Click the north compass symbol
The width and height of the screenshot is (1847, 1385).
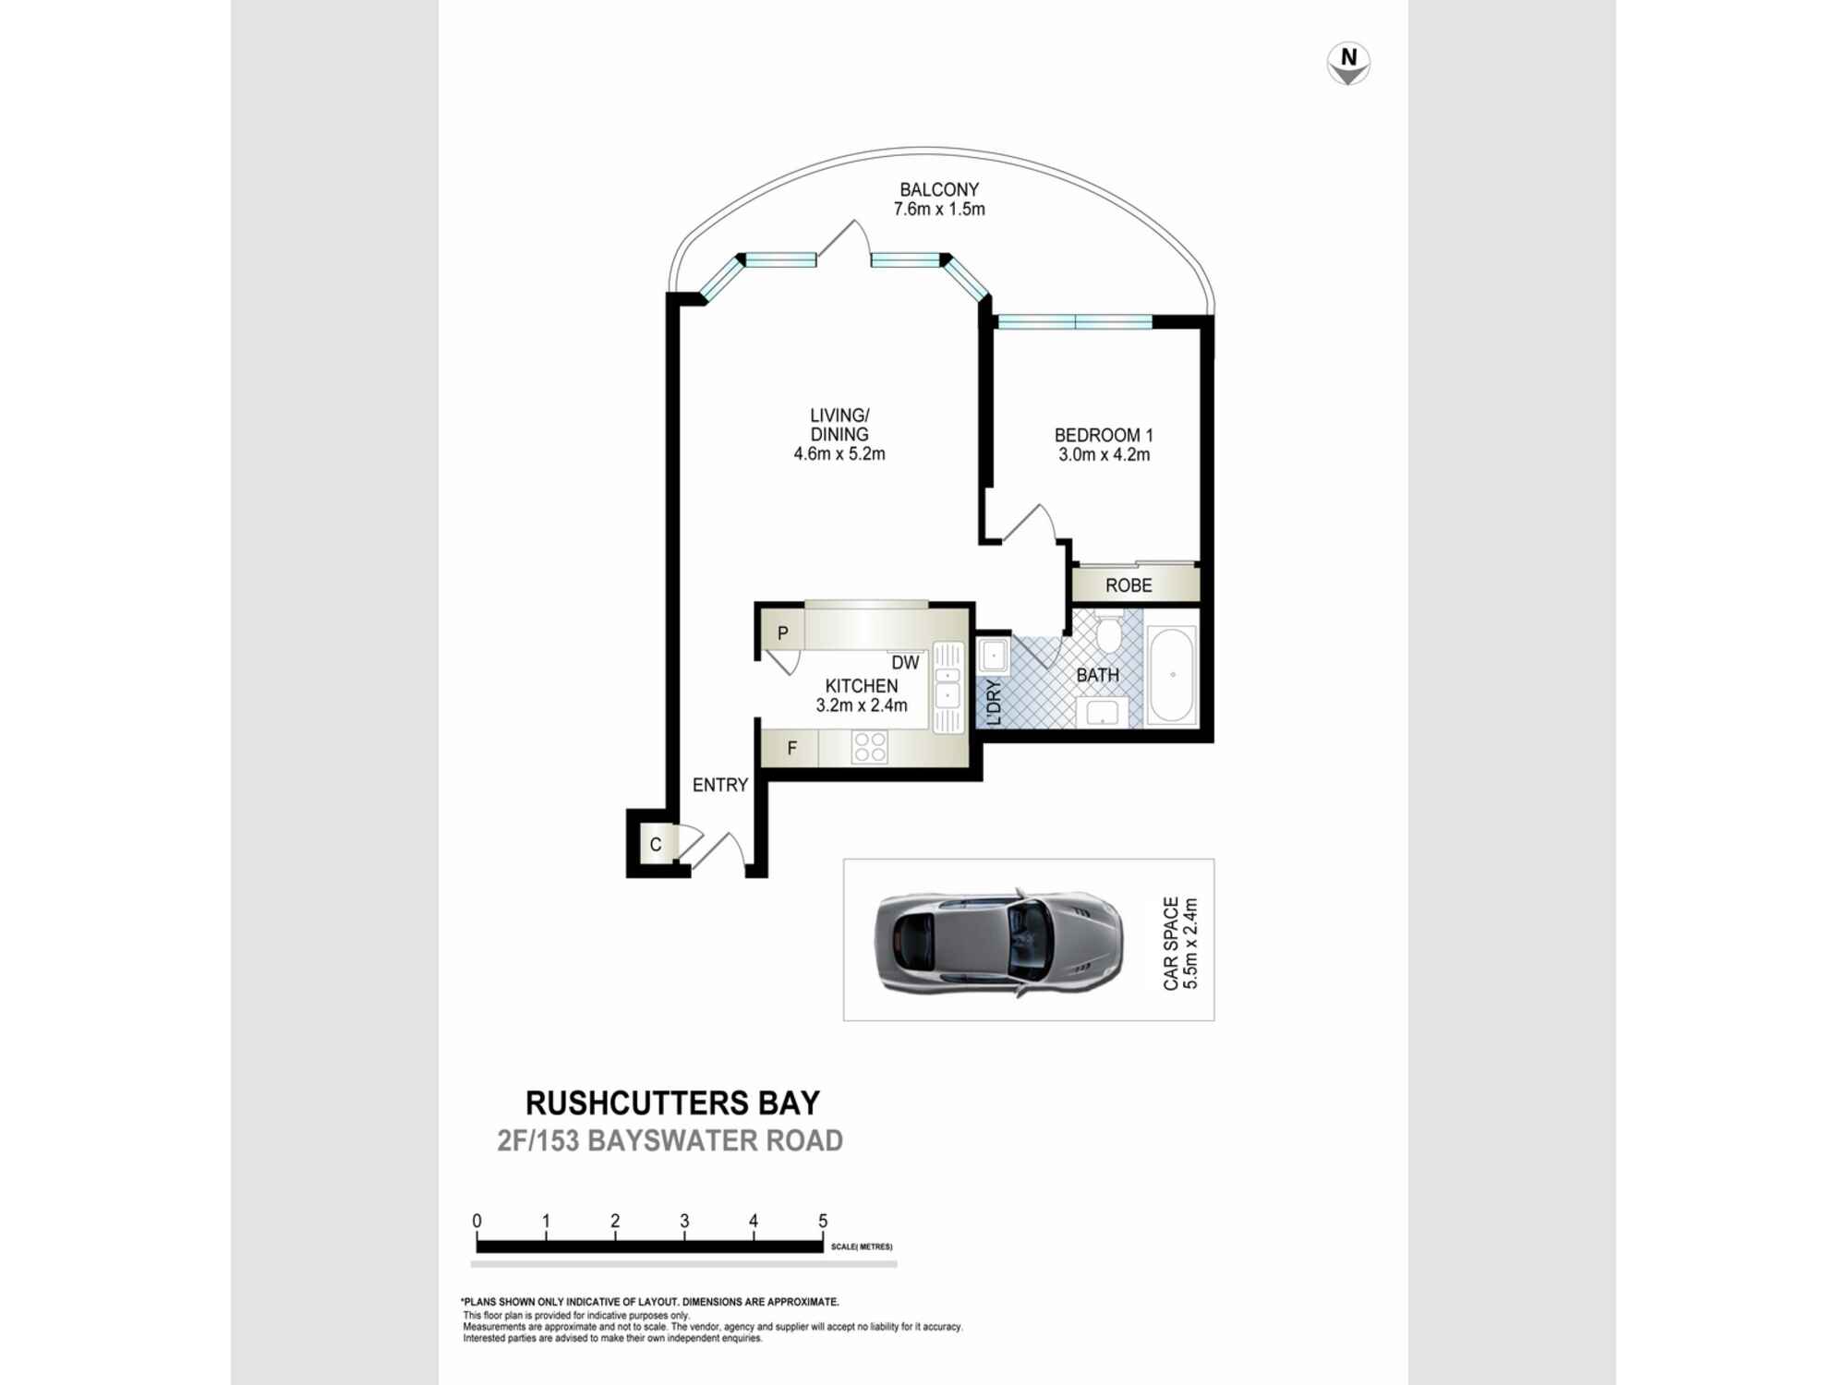tap(1348, 64)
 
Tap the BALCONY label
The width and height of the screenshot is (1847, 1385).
tap(938, 190)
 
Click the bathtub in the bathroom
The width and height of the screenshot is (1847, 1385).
tap(1172, 675)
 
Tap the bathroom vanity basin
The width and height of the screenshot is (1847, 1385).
tap(1102, 712)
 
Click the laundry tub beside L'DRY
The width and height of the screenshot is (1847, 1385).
tap(994, 656)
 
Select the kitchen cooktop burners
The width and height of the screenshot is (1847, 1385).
tap(869, 746)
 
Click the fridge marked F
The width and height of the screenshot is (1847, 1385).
tap(791, 749)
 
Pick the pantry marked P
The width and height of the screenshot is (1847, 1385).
tap(782, 633)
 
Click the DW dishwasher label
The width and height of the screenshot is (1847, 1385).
tap(905, 663)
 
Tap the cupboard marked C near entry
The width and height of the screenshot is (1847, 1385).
tap(656, 845)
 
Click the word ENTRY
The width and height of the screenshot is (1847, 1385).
tap(719, 785)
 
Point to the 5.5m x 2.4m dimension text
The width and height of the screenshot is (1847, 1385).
tap(1191, 943)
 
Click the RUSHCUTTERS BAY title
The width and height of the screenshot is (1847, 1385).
tap(672, 1103)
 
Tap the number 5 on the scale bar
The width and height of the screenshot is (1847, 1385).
tap(823, 1221)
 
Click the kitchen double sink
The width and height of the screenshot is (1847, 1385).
tap(948, 688)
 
